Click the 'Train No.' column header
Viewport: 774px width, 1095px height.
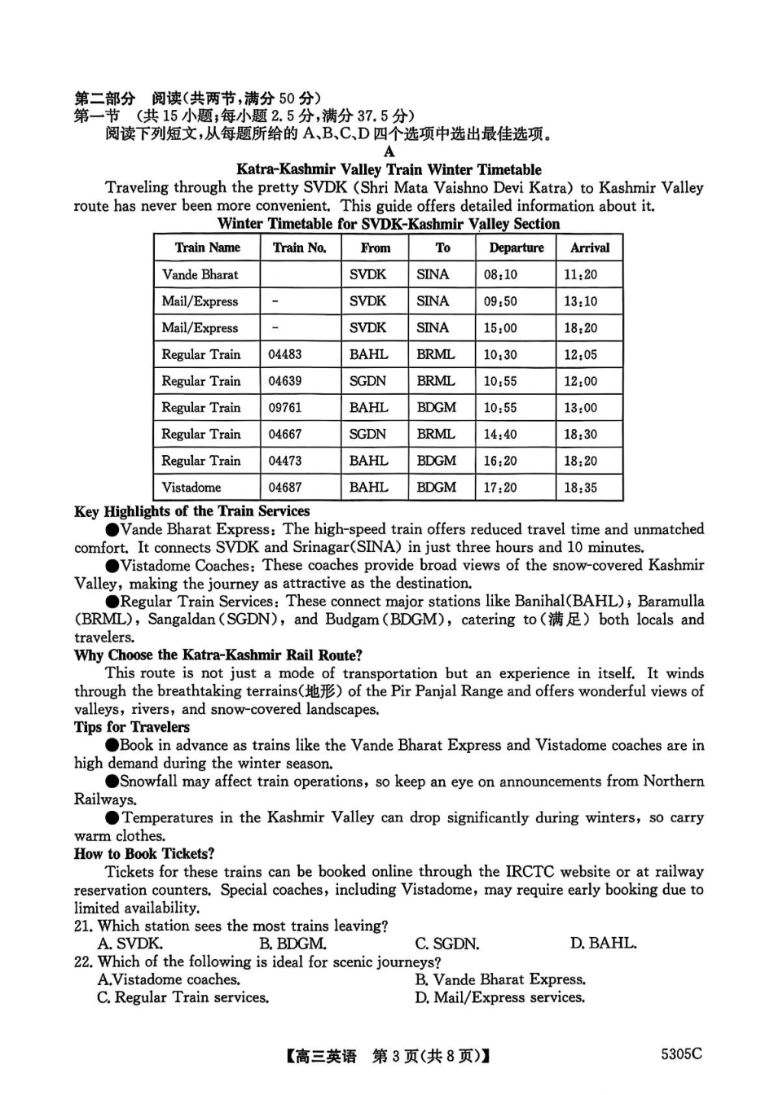click(x=299, y=247)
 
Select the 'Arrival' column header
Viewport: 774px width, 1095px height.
click(x=589, y=247)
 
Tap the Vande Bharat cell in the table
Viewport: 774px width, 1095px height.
click(x=200, y=274)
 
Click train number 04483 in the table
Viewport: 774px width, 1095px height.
click(x=284, y=354)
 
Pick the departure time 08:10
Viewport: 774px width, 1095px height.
click(x=499, y=274)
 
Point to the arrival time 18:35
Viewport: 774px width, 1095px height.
click(x=579, y=488)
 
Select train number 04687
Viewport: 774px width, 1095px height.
click(x=284, y=488)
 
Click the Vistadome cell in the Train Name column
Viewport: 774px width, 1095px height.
click(x=191, y=488)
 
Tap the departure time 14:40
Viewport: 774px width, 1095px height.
click(x=499, y=434)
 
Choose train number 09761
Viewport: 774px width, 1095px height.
click(x=284, y=407)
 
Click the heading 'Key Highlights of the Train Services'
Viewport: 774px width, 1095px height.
click(x=191, y=511)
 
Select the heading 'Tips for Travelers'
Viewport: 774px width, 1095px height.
click(x=131, y=727)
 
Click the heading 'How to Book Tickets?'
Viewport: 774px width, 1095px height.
click(x=144, y=853)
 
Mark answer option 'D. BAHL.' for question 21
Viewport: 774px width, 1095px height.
click(x=603, y=944)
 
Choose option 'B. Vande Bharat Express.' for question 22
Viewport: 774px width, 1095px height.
click(x=499, y=979)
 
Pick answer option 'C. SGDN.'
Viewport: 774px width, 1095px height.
click(x=446, y=944)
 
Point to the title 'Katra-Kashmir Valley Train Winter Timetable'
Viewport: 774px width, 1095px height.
click(x=389, y=169)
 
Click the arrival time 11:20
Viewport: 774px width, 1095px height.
click(x=579, y=274)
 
